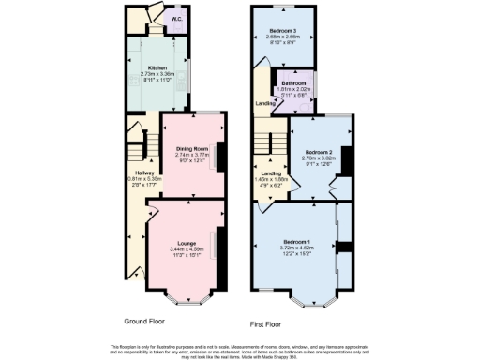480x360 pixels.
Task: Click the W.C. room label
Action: coord(177,18)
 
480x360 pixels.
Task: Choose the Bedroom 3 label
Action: coord(283,34)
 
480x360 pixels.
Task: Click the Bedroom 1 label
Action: coord(298,242)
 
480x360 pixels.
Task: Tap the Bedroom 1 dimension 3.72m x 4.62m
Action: coord(298,248)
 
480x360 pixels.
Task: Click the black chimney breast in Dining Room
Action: coord(220,155)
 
